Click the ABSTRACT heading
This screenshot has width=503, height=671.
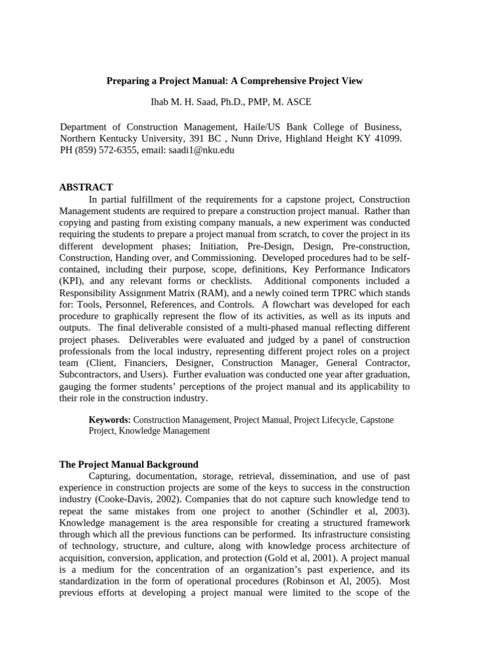(x=86, y=187)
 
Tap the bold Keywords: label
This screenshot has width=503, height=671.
(x=109, y=419)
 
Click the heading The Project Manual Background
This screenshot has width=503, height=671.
(x=128, y=464)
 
